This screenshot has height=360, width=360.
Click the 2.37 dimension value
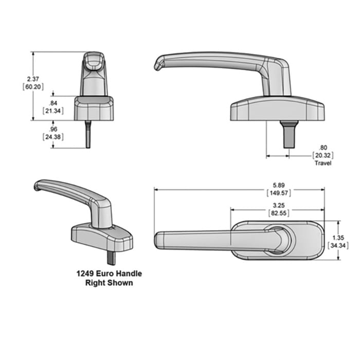33,79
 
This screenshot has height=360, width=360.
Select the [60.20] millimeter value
33,87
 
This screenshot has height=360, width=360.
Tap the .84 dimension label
52,103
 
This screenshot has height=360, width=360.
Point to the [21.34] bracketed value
52,111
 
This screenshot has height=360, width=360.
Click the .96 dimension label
52,129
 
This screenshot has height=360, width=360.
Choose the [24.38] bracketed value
52,137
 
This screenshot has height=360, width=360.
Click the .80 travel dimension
323,147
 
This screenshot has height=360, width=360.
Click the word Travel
323,163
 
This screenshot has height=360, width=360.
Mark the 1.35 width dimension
338,238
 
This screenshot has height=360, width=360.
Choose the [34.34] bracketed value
338,246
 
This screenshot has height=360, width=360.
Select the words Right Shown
109,283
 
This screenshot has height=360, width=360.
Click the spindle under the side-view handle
290,134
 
